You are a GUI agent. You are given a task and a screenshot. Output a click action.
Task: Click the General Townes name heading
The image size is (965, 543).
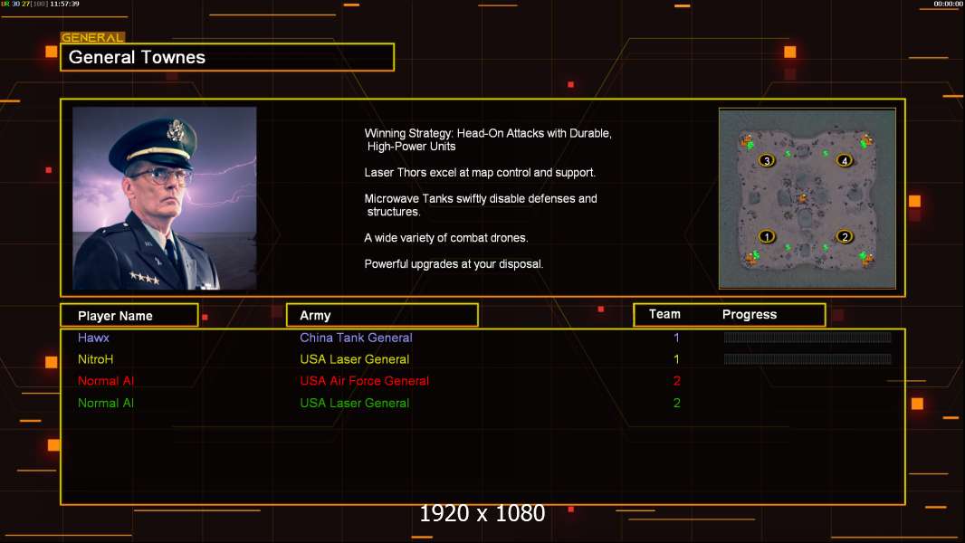point(137,57)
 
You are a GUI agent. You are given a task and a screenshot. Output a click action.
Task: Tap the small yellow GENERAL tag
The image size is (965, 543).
point(92,37)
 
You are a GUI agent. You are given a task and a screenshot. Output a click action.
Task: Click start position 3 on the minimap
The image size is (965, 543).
point(766,160)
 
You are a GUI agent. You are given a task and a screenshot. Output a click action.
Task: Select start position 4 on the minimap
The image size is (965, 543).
point(845,160)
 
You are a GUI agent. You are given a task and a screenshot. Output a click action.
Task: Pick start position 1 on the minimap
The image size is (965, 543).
point(766,236)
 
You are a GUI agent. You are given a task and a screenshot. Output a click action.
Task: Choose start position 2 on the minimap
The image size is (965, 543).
point(845,236)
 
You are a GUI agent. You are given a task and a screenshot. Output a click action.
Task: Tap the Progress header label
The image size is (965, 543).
point(749,314)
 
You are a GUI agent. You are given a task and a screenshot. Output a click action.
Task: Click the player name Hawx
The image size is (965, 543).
point(93,338)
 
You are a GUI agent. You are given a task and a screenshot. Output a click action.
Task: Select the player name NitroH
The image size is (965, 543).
point(95,359)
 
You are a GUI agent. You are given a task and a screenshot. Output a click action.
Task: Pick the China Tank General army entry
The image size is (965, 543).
point(356,338)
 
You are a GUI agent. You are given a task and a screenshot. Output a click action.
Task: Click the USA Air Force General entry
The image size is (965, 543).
point(364,381)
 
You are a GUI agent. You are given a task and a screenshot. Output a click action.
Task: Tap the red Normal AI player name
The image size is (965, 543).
point(106,381)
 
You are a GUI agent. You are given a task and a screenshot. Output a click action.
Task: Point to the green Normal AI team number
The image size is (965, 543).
point(676,403)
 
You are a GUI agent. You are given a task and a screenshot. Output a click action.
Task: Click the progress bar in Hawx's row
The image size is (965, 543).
point(807,337)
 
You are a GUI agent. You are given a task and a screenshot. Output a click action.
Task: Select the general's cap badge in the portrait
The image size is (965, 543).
point(176,129)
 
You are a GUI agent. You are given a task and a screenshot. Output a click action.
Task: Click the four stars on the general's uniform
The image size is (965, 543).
point(145,278)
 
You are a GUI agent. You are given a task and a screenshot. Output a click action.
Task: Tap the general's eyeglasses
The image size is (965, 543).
point(160,176)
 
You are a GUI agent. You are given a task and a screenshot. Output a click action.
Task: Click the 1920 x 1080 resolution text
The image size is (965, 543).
point(482,513)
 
